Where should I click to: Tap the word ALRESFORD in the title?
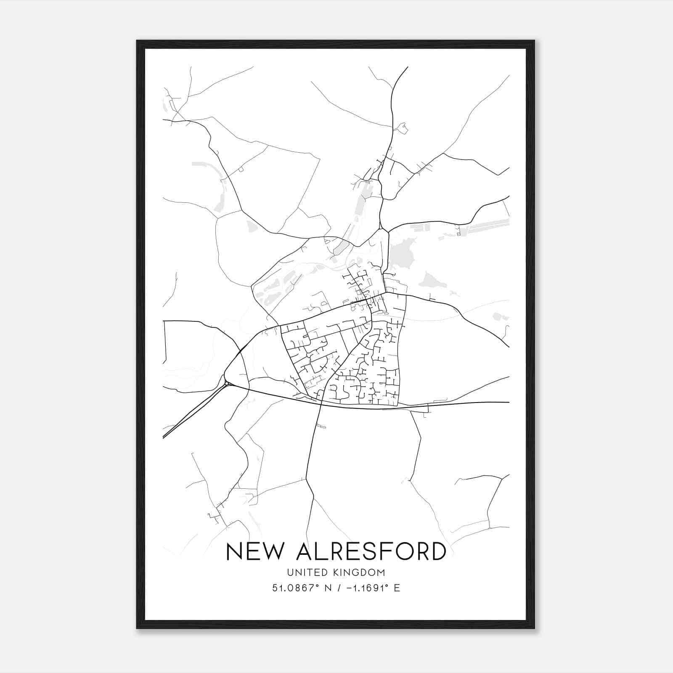point(371,551)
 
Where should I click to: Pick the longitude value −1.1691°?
point(366,588)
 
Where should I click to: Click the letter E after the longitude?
point(397,588)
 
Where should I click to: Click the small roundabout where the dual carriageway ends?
point(227,383)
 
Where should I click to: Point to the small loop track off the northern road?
point(403,128)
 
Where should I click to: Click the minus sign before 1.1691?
point(349,588)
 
